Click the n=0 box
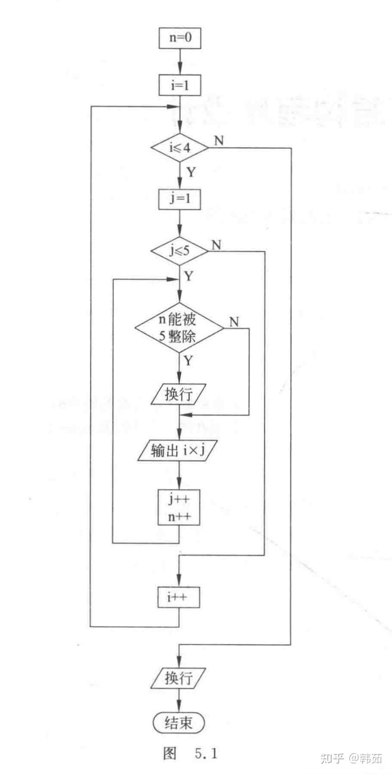pos(179,38)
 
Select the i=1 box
pos(179,86)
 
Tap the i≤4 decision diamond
pos(179,148)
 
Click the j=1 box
pos(179,199)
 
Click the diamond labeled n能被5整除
pos(179,328)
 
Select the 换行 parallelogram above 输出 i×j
pos(179,394)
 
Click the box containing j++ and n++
pos(179,507)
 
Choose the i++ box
pos(179,597)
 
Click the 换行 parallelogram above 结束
pos(179,678)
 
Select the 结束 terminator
pos(179,723)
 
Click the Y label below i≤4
pos(190,172)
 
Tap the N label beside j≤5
pos(216,245)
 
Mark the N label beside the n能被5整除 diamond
pos(234,322)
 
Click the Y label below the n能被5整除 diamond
pos(189,360)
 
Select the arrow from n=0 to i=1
pos(179,61)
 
